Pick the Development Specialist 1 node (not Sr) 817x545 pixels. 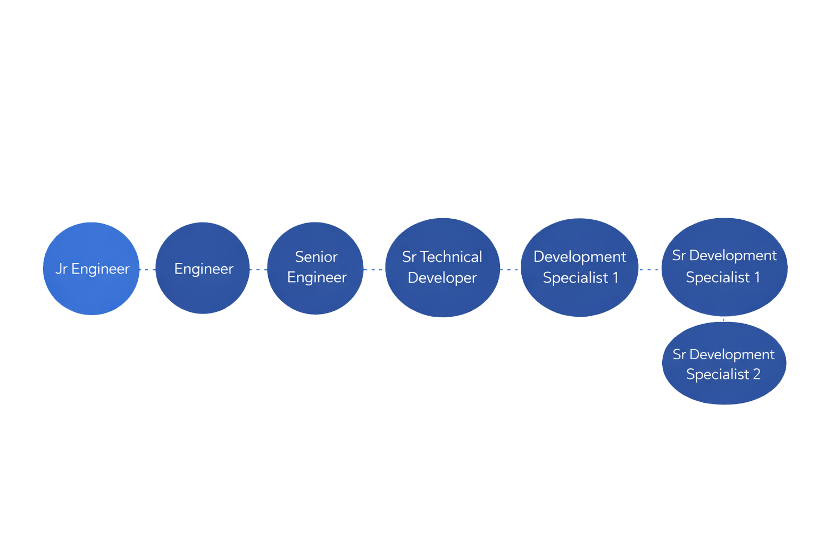(579, 298)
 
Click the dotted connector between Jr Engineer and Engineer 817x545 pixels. (147, 269)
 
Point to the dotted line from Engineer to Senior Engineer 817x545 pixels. (259, 269)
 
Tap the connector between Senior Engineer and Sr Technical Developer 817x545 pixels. (374, 269)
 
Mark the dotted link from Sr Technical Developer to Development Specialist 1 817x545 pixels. (510, 269)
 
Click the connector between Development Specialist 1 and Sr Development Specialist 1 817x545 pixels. (649, 269)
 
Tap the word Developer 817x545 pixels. (442, 278)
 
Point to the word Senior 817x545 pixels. (316, 257)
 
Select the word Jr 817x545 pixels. (62, 269)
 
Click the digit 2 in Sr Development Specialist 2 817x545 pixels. (756, 374)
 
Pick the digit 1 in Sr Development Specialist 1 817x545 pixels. (757, 277)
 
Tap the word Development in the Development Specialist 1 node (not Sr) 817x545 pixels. (580, 257)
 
